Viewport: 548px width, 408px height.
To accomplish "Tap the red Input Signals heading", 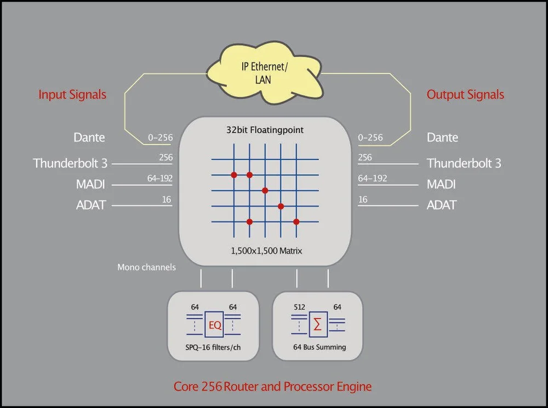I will (72, 94).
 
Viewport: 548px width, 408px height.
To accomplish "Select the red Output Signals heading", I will (465, 94).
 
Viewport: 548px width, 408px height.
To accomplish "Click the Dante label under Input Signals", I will (89, 137).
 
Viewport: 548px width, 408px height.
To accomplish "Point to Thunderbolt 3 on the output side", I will (464, 163).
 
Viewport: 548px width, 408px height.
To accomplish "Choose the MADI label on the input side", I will (90, 185).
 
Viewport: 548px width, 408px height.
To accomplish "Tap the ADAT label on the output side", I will (442, 205).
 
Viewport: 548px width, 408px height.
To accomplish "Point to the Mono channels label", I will (146, 267).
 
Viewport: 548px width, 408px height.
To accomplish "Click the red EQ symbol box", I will (215, 325).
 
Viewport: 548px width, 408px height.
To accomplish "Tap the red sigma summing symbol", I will (317, 325).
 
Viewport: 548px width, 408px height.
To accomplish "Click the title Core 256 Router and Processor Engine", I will (272, 387).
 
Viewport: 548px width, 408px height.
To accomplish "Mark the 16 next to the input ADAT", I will (166, 200).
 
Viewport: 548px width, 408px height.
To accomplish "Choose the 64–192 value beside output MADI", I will (372, 179).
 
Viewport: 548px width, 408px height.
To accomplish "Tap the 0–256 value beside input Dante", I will (160, 137).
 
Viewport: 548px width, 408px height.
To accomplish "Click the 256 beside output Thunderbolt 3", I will (364, 158).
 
